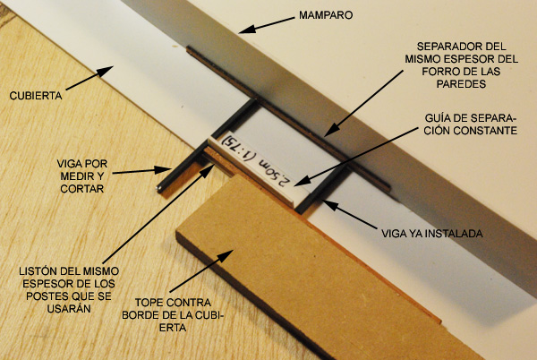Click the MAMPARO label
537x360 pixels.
pos(326,15)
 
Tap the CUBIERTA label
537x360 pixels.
pos(36,96)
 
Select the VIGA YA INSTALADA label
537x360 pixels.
pos(432,234)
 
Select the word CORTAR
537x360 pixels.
pos(81,189)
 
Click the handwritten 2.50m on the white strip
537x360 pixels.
pos(275,170)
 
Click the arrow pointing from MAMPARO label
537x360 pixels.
pos(266,25)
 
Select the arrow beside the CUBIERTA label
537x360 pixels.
pos(89,78)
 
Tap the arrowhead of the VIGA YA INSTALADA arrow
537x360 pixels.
pos(328,203)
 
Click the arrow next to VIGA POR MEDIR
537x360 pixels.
pos(141,171)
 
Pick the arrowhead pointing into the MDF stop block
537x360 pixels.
pos(226,256)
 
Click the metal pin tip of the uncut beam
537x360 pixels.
pos(159,187)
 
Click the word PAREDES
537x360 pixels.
pos(461,84)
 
